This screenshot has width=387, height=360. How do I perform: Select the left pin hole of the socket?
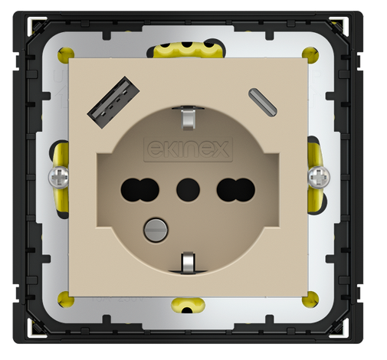pos(135,186)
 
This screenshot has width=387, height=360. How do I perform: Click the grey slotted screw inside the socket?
pos(156,227)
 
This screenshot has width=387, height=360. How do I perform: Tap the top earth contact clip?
pos(187,116)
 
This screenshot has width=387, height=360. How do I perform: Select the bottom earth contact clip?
pos(186,262)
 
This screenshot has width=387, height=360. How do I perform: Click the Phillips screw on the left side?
pos(56,178)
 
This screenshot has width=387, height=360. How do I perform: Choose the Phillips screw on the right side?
pos(316,178)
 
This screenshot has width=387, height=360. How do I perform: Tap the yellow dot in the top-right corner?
pos(309,54)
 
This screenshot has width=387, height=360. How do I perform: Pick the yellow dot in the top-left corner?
pos(61,54)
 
